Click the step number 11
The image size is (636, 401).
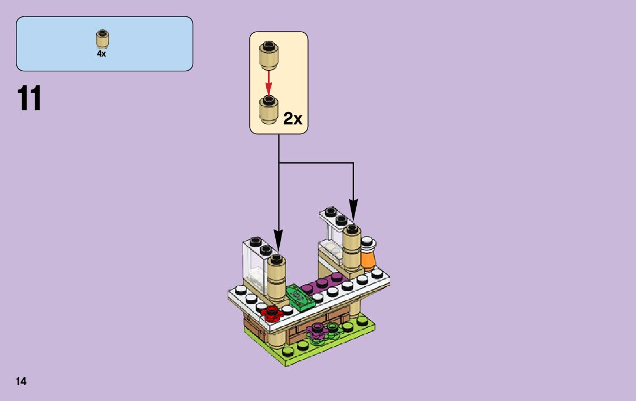pyautogui.click(x=29, y=98)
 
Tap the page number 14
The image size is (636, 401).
pyautogui.click(x=21, y=381)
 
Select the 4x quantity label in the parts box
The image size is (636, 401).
pyautogui.click(x=101, y=54)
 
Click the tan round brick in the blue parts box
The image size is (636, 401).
pyautogui.click(x=102, y=38)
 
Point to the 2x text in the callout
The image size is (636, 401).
pyautogui.click(x=293, y=118)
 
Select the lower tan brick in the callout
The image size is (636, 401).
pyautogui.click(x=268, y=108)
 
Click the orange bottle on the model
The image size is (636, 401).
pyautogui.click(x=368, y=255)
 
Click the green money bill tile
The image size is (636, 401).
pyautogui.click(x=300, y=296)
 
